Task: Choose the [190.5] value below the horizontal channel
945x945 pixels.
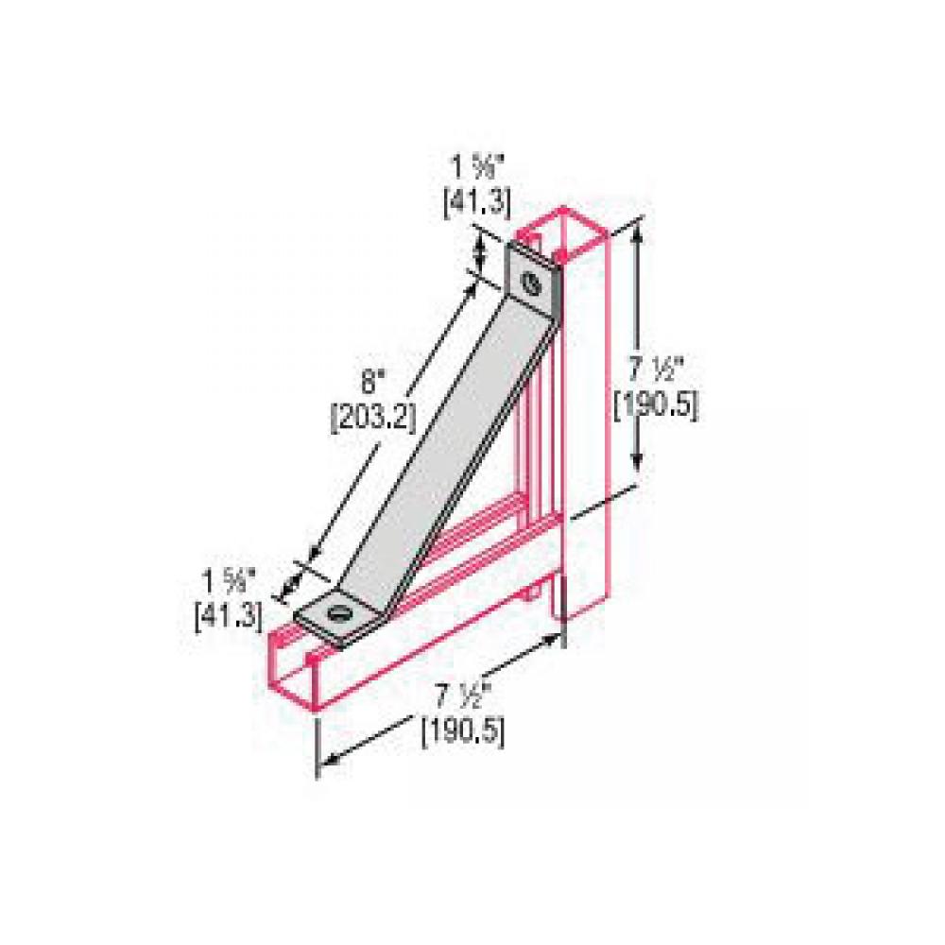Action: [462, 730]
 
